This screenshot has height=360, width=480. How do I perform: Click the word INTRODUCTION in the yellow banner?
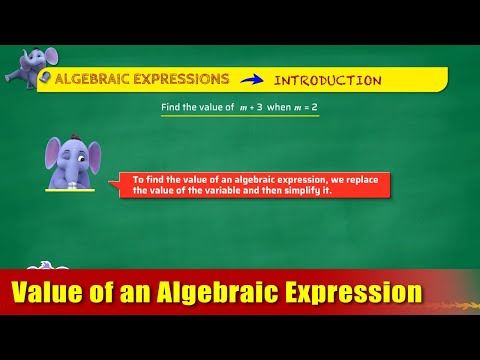point(327,80)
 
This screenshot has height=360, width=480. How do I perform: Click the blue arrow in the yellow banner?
point(252,80)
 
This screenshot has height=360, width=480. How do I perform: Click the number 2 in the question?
point(315,107)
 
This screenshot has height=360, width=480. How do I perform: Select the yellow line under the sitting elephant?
point(70,190)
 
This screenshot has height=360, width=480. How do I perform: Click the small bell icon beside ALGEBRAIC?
point(46,77)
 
